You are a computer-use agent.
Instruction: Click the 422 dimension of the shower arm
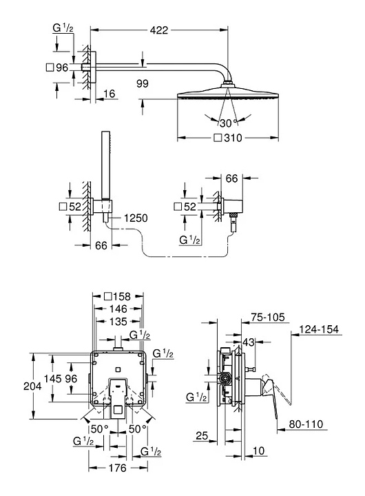159,30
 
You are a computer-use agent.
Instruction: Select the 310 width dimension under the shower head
233,138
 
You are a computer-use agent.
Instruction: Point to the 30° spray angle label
229,123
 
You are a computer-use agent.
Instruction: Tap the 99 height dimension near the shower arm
143,83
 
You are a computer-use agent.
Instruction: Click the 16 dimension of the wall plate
109,94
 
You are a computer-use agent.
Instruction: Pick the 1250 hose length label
136,218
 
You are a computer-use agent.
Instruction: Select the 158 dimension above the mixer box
121,296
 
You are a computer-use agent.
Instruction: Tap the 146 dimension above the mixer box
118,309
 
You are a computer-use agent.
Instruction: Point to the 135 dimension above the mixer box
118,322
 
